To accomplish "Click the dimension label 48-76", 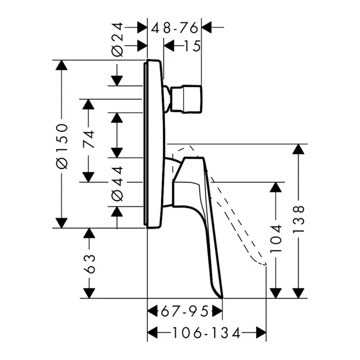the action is pos(175,28).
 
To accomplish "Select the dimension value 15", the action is pos(192,46).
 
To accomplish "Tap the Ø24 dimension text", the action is pos(117,40).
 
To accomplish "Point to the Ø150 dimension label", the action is pos(62,146).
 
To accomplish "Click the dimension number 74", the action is pos(89,139).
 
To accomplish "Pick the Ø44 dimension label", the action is pos(117,184).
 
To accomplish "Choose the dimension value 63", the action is pos(89,263).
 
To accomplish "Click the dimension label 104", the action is pos(275,239).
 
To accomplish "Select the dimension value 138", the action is pos(299,220).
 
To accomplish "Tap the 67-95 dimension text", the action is pos(185,312).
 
